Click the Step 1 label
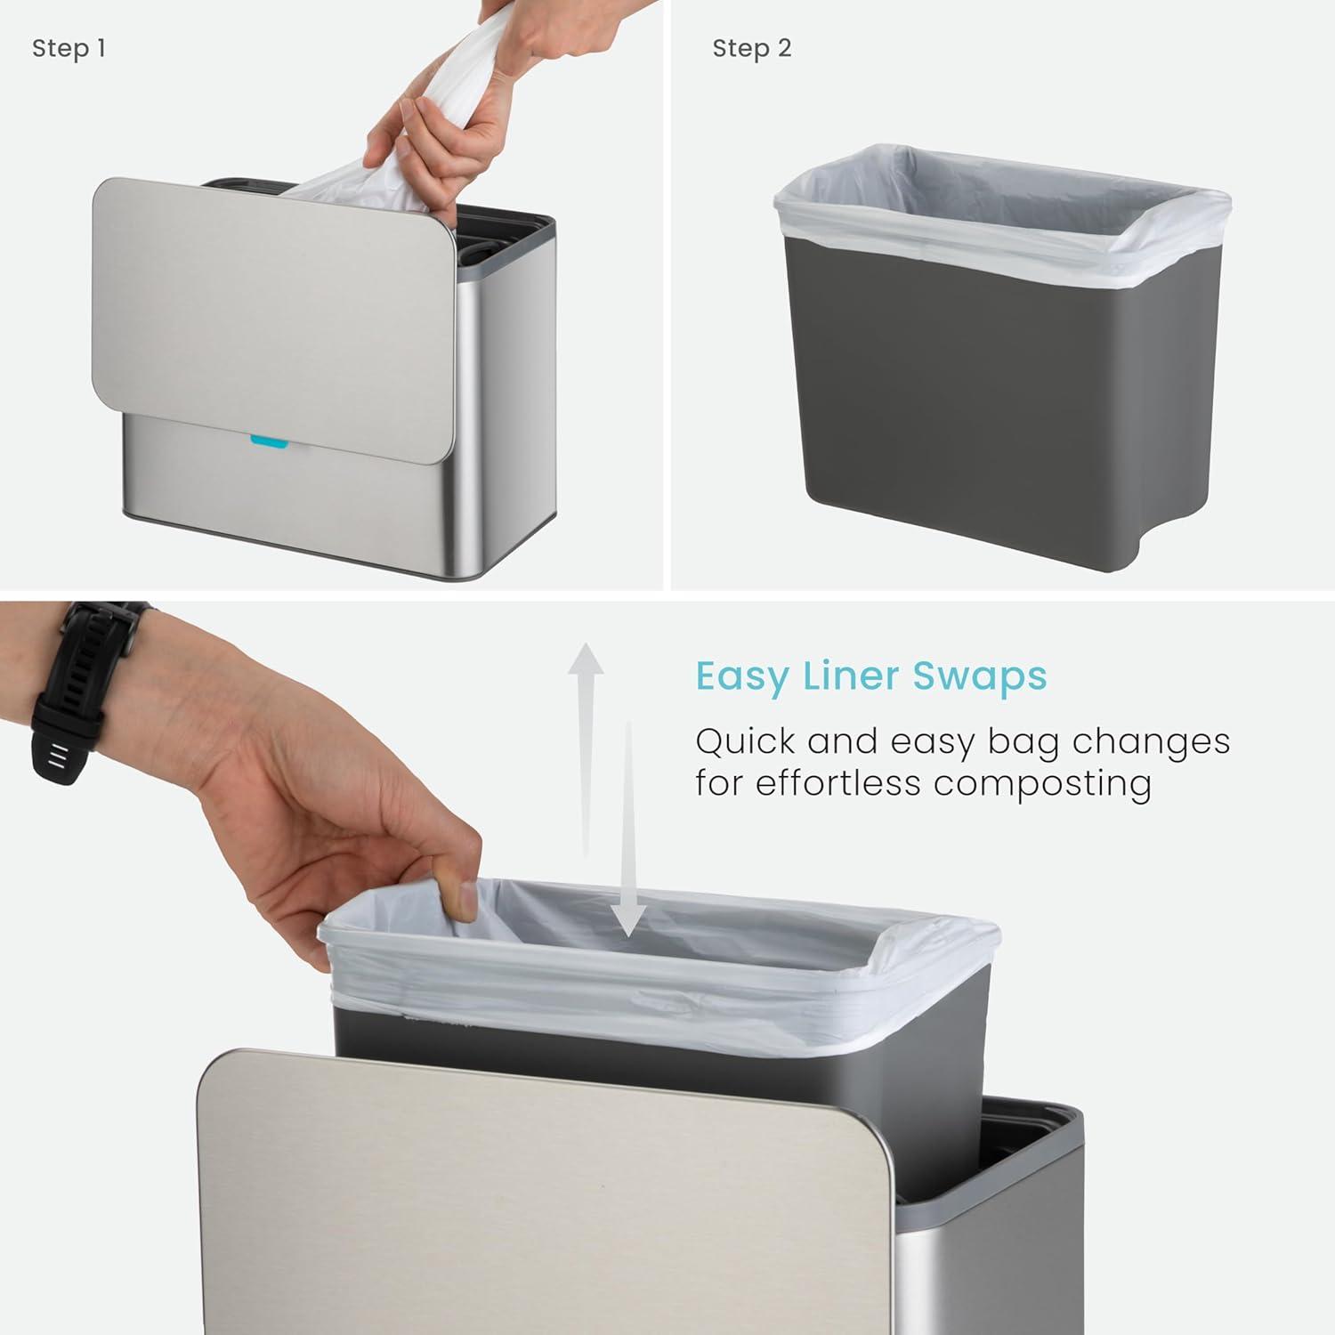click(69, 48)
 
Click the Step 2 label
click(751, 48)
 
